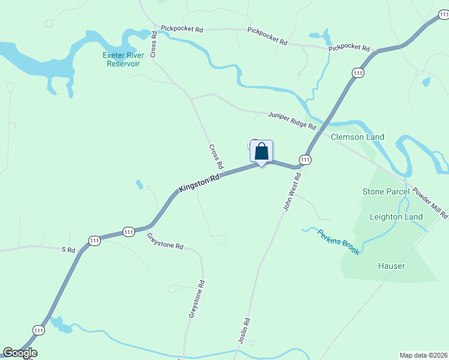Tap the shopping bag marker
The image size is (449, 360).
pyautogui.click(x=262, y=151)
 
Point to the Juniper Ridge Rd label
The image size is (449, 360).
pyautogui.click(x=292, y=120)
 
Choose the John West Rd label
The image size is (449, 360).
pyautogui.click(x=292, y=191)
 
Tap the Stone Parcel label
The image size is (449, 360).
pyautogui.click(x=386, y=191)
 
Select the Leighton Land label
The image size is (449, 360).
pyautogui.click(x=396, y=217)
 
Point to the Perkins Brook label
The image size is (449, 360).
pyautogui.click(x=339, y=242)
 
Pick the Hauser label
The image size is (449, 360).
pyautogui.click(x=391, y=266)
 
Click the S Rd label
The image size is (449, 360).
pyautogui.click(x=68, y=248)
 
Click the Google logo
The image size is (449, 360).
pyautogui.click(x=20, y=353)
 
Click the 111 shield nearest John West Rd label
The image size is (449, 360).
pyautogui.click(x=305, y=160)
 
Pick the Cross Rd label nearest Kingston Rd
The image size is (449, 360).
pyautogui.click(x=216, y=156)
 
